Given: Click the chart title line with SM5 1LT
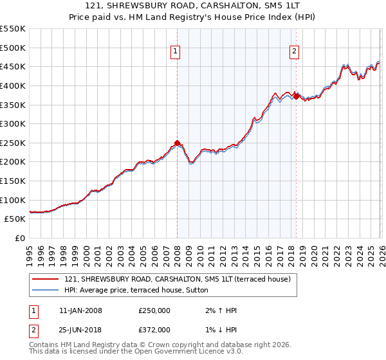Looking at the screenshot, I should click(x=192, y=6).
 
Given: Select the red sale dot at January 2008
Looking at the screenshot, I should click(x=178, y=143).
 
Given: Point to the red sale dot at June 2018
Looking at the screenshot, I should click(x=296, y=96).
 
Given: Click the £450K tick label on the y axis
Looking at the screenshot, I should click(x=13, y=67).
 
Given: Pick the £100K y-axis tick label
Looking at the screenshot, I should click(x=13, y=200).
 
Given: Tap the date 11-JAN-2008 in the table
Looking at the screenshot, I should click(x=80, y=310).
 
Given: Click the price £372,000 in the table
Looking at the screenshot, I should click(x=154, y=330).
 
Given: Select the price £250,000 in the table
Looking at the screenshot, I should click(x=154, y=310).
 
